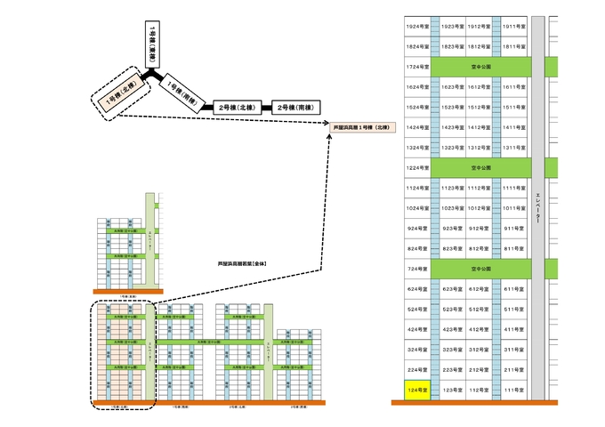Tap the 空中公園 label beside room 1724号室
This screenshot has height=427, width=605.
click(480, 67)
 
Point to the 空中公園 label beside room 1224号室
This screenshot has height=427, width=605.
click(480, 167)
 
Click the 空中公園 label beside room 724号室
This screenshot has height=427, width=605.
click(480, 269)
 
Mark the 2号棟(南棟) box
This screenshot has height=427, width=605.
click(295, 107)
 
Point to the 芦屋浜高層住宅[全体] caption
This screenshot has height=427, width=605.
click(243, 264)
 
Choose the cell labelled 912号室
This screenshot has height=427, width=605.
click(480, 228)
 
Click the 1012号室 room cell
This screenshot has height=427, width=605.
click(480, 207)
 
